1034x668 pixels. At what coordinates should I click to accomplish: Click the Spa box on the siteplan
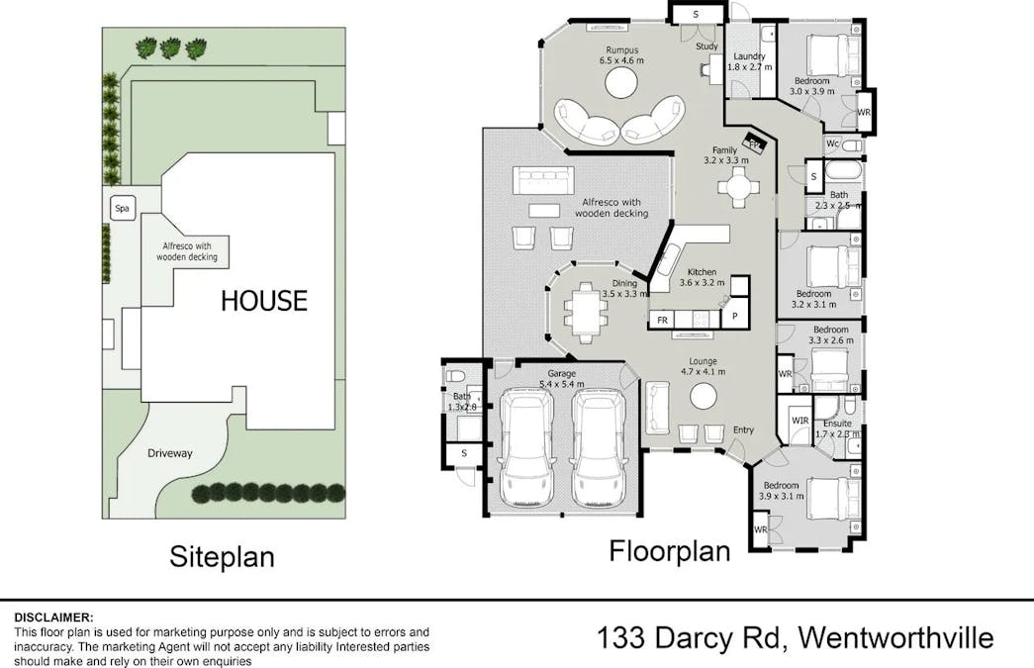click(122, 209)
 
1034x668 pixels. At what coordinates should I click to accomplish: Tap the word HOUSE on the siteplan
click(264, 301)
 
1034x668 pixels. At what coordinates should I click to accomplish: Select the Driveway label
click(169, 453)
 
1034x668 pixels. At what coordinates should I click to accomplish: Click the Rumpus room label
click(621, 50)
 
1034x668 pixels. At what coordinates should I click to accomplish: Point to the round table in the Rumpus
click(621, 83)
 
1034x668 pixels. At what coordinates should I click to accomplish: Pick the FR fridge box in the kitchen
click(662, 320)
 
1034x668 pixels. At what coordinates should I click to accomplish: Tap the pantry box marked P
click(734, 317)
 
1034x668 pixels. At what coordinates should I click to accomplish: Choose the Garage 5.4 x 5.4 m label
click(562, 378)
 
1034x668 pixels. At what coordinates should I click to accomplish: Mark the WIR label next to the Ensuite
click(799, 420)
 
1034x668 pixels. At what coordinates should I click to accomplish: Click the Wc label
click(832, 143)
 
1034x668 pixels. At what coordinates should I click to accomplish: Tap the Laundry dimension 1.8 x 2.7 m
click(750, 67)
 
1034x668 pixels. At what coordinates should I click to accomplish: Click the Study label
click(706, 47)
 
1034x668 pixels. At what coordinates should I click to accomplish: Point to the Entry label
click(743, 429)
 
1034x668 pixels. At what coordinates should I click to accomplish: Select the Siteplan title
click(223, 556)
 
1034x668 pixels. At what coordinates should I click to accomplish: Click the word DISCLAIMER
click(54, 618)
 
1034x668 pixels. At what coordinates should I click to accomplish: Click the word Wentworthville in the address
click(895, 638)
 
